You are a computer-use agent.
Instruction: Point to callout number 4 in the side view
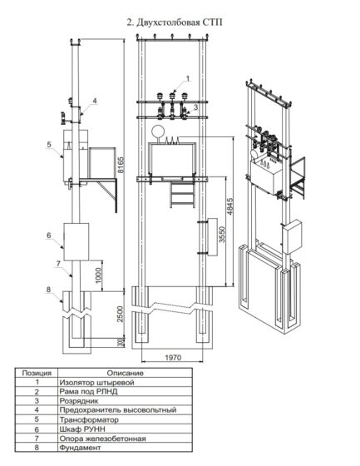[x=96, y=101]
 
